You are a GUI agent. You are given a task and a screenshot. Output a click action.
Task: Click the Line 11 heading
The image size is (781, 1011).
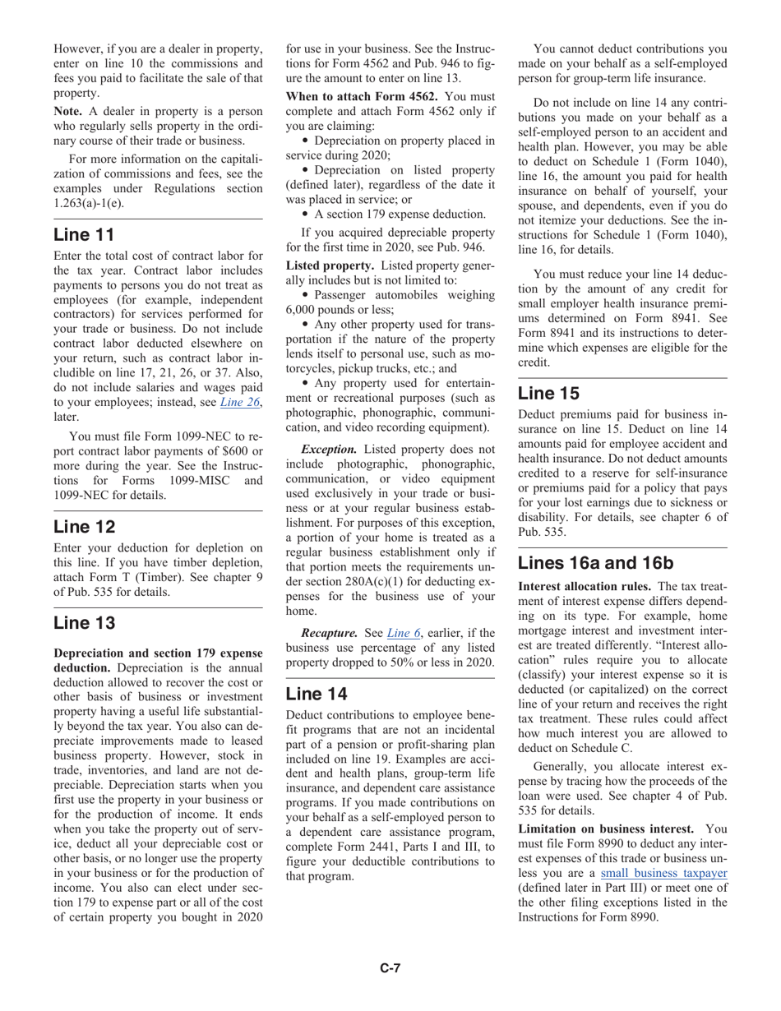click(84, 234)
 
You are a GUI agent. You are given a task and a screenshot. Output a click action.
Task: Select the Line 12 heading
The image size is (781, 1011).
click(84, 526)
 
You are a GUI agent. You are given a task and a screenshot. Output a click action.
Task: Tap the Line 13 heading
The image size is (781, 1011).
click(84, 623)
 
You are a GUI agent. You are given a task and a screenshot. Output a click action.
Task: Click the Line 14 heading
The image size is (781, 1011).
click(317, 694)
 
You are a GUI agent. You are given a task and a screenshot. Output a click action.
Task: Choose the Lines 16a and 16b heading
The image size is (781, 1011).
click(595, 563)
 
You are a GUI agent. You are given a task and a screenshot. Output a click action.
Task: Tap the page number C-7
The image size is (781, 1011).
click(390, 968)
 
